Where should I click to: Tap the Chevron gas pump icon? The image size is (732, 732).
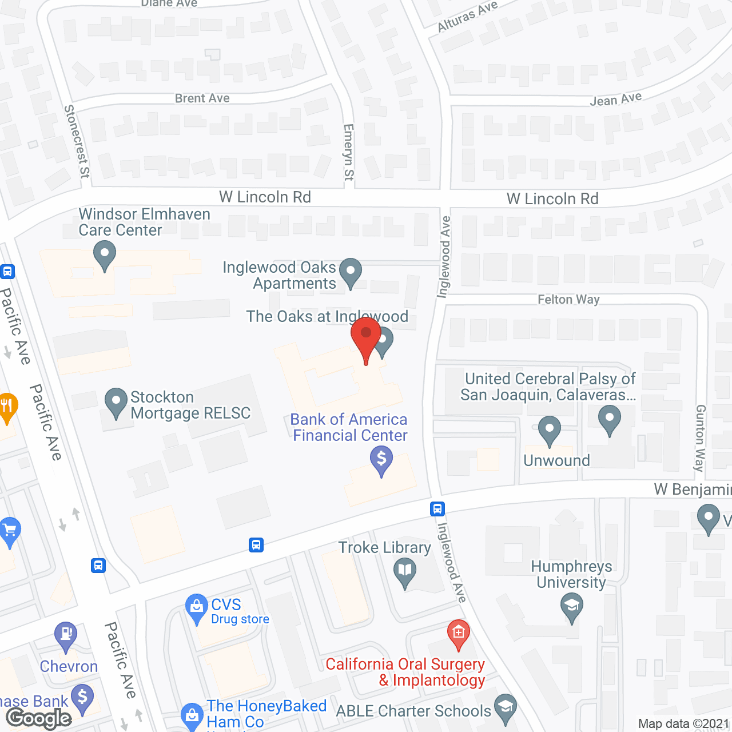pyautogui.click(x=66, y=635)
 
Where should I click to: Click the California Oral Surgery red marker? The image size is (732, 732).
pyautogui.click(x=458, y=634)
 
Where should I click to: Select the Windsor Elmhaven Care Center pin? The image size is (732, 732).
pyautogui.click(x=104, y=254)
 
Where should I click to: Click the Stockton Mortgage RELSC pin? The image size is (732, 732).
pyautogui.click(x=116, y=401)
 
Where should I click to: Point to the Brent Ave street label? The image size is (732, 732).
pyautogui.click(x=202, y=98)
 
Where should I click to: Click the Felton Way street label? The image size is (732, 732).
pyautogui.click(x=568, y=299)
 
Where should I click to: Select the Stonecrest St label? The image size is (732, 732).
pyautogui.click(x=77, y=141)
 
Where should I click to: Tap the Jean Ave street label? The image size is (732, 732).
pyautogui.click(x=616, y=100)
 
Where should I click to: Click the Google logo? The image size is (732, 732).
pyautogui.click(x=39, y=718)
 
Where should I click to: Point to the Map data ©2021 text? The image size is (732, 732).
pyautogui.click(x=684, y=723)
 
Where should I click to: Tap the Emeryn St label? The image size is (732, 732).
pyautogui.click(x=348, y=153)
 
